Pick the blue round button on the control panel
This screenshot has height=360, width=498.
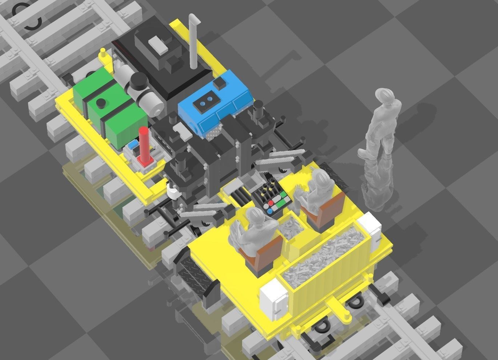pos(270,211)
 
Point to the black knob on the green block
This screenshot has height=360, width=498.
pos(101,103)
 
